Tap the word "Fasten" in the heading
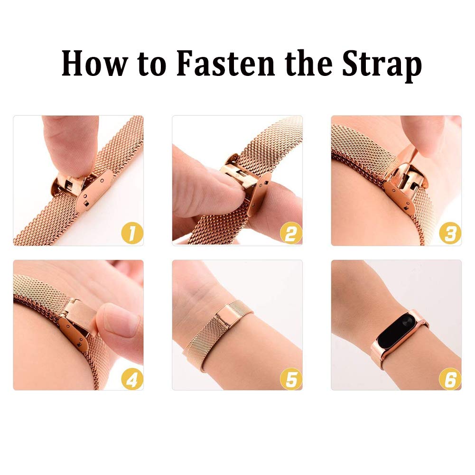tap(225, 64)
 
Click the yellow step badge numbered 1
tap(132, 233)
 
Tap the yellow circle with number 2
tap(291, 233)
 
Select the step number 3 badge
tap(450, 233)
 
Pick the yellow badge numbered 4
tap(132, 379)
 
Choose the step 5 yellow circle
tap(291, 379)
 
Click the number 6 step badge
tap(450, 379)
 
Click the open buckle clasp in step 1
tap(82, 189)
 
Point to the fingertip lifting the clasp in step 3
tap(423, 136)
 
